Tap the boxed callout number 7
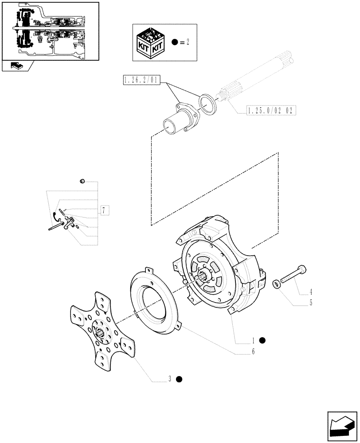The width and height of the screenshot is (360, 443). [x=103, y=210]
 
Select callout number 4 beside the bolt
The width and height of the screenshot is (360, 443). [x=311, y=292]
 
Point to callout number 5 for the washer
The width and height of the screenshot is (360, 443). [x=311, y=303]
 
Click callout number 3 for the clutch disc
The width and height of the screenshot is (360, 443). [x=169, y=379]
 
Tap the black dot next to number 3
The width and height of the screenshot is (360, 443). [x=179, y=379]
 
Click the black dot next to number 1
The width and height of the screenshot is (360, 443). [x=262, y=340]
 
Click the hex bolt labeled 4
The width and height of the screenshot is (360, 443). [x=293, y=275]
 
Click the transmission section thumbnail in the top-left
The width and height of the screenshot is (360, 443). [x=50, y=31]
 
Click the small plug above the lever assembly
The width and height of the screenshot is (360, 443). [x=82, y=181]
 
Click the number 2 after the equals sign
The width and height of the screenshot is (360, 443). [x=188, y=43]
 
